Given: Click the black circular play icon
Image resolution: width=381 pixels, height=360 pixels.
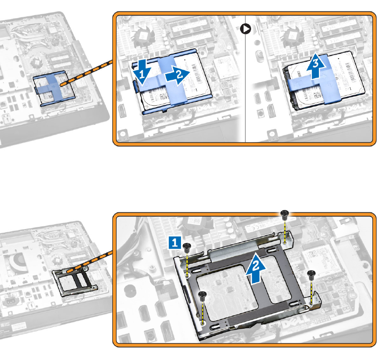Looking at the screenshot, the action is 246,29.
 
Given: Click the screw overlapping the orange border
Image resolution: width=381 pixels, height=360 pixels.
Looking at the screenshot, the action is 285,215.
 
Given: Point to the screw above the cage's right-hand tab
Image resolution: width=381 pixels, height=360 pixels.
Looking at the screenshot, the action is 312,275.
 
